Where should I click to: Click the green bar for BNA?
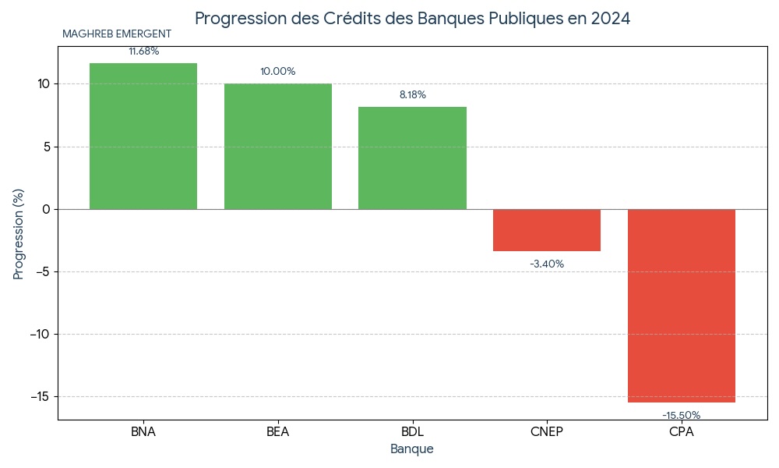tap(143, 136)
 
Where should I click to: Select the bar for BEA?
tap(278, 146)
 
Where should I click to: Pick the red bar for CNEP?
tap(547, 230)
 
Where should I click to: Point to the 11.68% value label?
tap(144, 51)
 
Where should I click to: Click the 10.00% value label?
tap(278, 72)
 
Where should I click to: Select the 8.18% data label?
tap(413, 95)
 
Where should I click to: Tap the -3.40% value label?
tap(547, 264)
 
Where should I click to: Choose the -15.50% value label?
tap(682, 416)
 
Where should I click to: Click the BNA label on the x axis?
tap(143, 432)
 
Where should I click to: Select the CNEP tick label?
tap(547, 432)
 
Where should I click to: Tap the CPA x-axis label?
tap(682, 432)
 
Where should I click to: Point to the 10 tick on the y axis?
tap(43, 84)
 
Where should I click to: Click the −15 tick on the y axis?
tap(38, 397)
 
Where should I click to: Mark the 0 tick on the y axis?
tap(46, 209)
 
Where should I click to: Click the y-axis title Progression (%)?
tap(19, 233)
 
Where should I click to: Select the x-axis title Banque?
tap(412, 449)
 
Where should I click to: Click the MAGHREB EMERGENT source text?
tap(117, 34)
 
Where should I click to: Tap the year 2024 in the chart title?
tap(610, 19)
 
